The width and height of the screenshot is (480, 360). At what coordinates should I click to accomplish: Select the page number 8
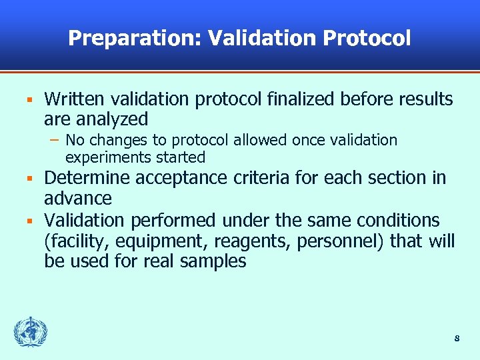pos(457,338)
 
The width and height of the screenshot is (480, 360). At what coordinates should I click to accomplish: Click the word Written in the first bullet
pos(75,100)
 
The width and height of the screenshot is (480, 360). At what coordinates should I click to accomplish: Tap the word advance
pos(78,199)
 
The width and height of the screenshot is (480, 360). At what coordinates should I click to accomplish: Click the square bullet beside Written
pos(29,101)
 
